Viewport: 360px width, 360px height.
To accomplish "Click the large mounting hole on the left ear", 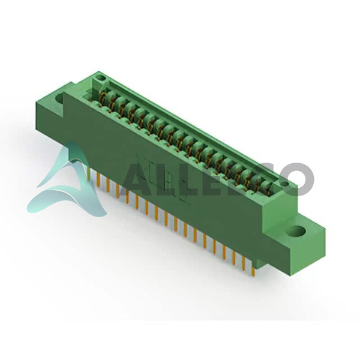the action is pos(59,98).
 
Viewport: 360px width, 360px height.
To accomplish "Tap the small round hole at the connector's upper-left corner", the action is pos(100,77).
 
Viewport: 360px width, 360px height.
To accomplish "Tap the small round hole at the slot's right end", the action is pos(285,183).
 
